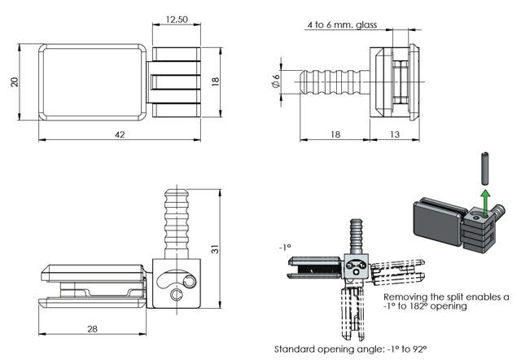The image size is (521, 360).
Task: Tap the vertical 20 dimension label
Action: [13, 83]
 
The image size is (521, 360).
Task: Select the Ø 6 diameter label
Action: [276, 82]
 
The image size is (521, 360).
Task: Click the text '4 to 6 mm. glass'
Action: [343, 26]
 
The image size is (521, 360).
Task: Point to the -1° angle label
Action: [285, 245]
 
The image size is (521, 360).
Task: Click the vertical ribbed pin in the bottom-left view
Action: [175, 220]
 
